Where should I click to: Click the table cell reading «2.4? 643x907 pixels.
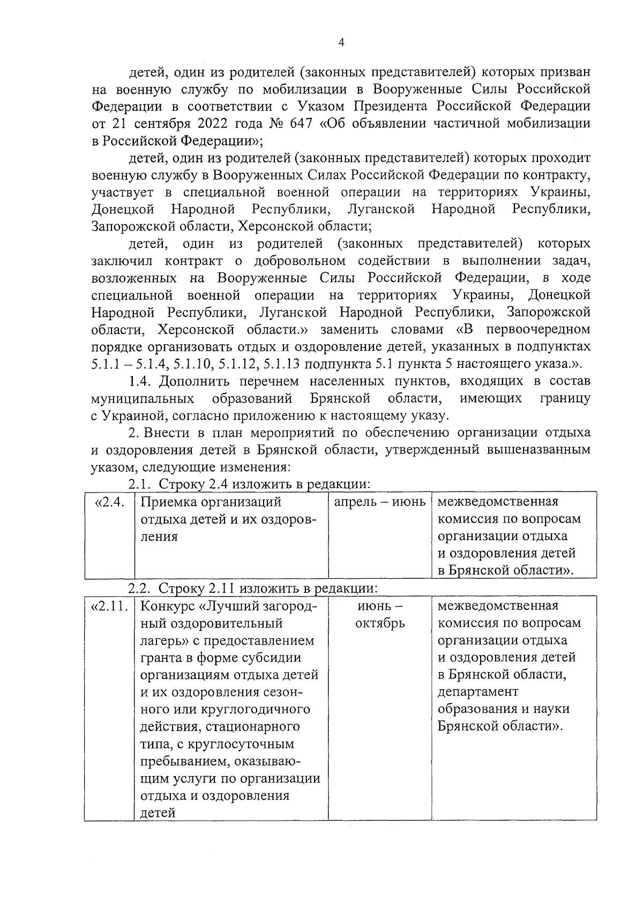(x=110, y=503)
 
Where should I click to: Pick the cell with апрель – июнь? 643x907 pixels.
(x=379, y=503)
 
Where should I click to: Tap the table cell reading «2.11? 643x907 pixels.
(x=110, y=607)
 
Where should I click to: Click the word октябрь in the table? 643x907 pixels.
(x=380, y=624)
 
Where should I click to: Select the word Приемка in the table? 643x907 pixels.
(x=167, y=503)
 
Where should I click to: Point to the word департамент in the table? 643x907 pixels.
(x=478, y=692)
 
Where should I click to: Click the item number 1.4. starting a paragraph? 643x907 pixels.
(x=142, y=382)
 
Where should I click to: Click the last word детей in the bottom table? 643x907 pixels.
(x=158, y=813)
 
